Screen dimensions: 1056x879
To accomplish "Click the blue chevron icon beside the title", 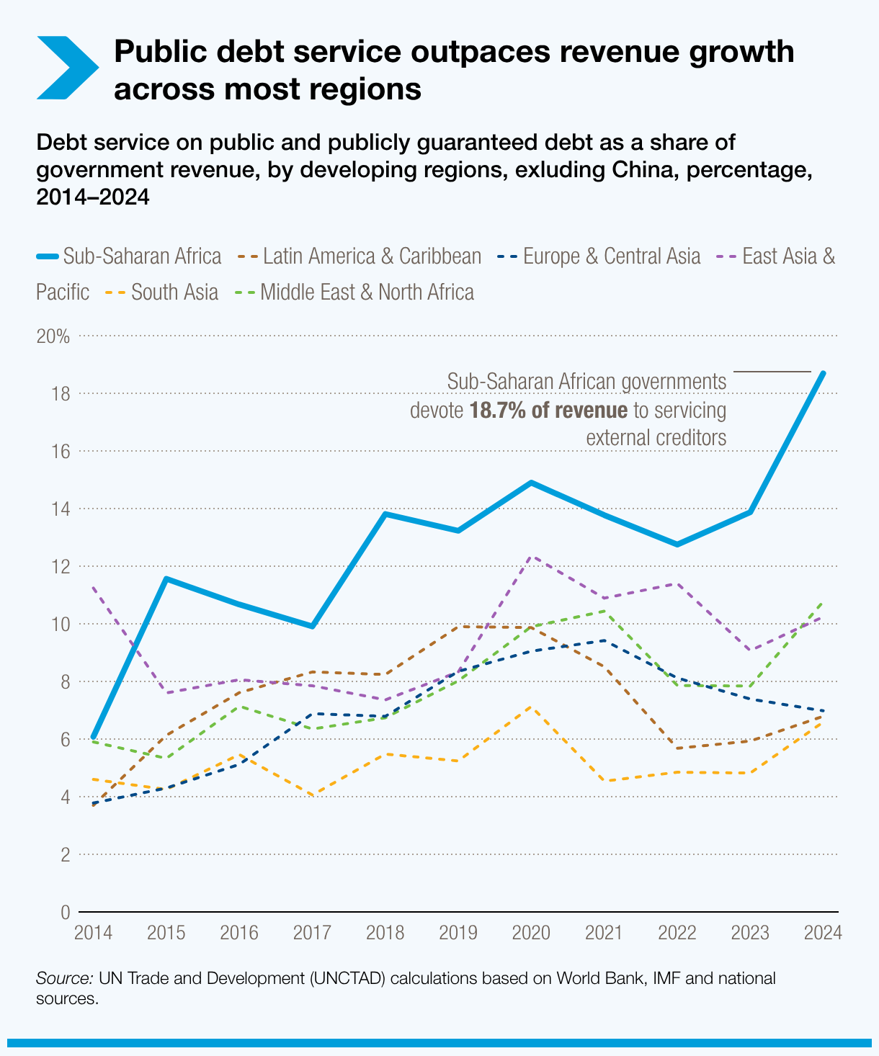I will pos(66,67).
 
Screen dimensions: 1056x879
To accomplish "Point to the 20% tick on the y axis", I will pos(53,336).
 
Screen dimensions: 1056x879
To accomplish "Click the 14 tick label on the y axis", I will pos(61,509).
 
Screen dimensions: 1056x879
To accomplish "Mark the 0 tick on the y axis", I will pos(65,913).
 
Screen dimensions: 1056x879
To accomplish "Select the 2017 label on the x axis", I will pos(312,934).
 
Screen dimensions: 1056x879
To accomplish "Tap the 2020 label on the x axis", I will pos(531,934).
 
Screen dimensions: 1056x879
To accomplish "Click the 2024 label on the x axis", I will pos(823,934).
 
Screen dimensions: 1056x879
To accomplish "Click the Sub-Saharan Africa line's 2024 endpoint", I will pos(823,373).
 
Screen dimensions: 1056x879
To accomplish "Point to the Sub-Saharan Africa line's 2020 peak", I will pos(531,483).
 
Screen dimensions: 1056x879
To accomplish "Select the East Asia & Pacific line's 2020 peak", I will pos(531,557).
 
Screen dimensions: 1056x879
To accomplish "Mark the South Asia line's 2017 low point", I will pos(312,795).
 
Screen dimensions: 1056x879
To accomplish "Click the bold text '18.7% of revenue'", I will pos(548,411).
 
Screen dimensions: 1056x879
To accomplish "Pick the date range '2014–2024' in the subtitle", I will pos(92,197).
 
